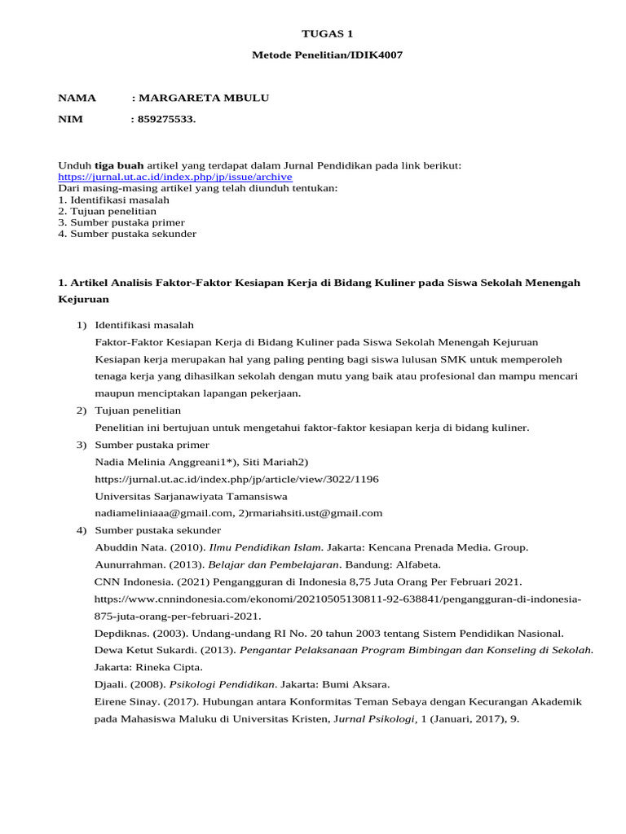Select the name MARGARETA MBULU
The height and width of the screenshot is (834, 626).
204,99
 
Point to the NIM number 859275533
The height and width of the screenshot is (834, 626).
167,121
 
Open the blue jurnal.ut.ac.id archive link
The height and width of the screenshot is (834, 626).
174,177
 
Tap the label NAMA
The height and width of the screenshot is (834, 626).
77,99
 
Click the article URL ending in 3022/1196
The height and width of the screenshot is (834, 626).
236,479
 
